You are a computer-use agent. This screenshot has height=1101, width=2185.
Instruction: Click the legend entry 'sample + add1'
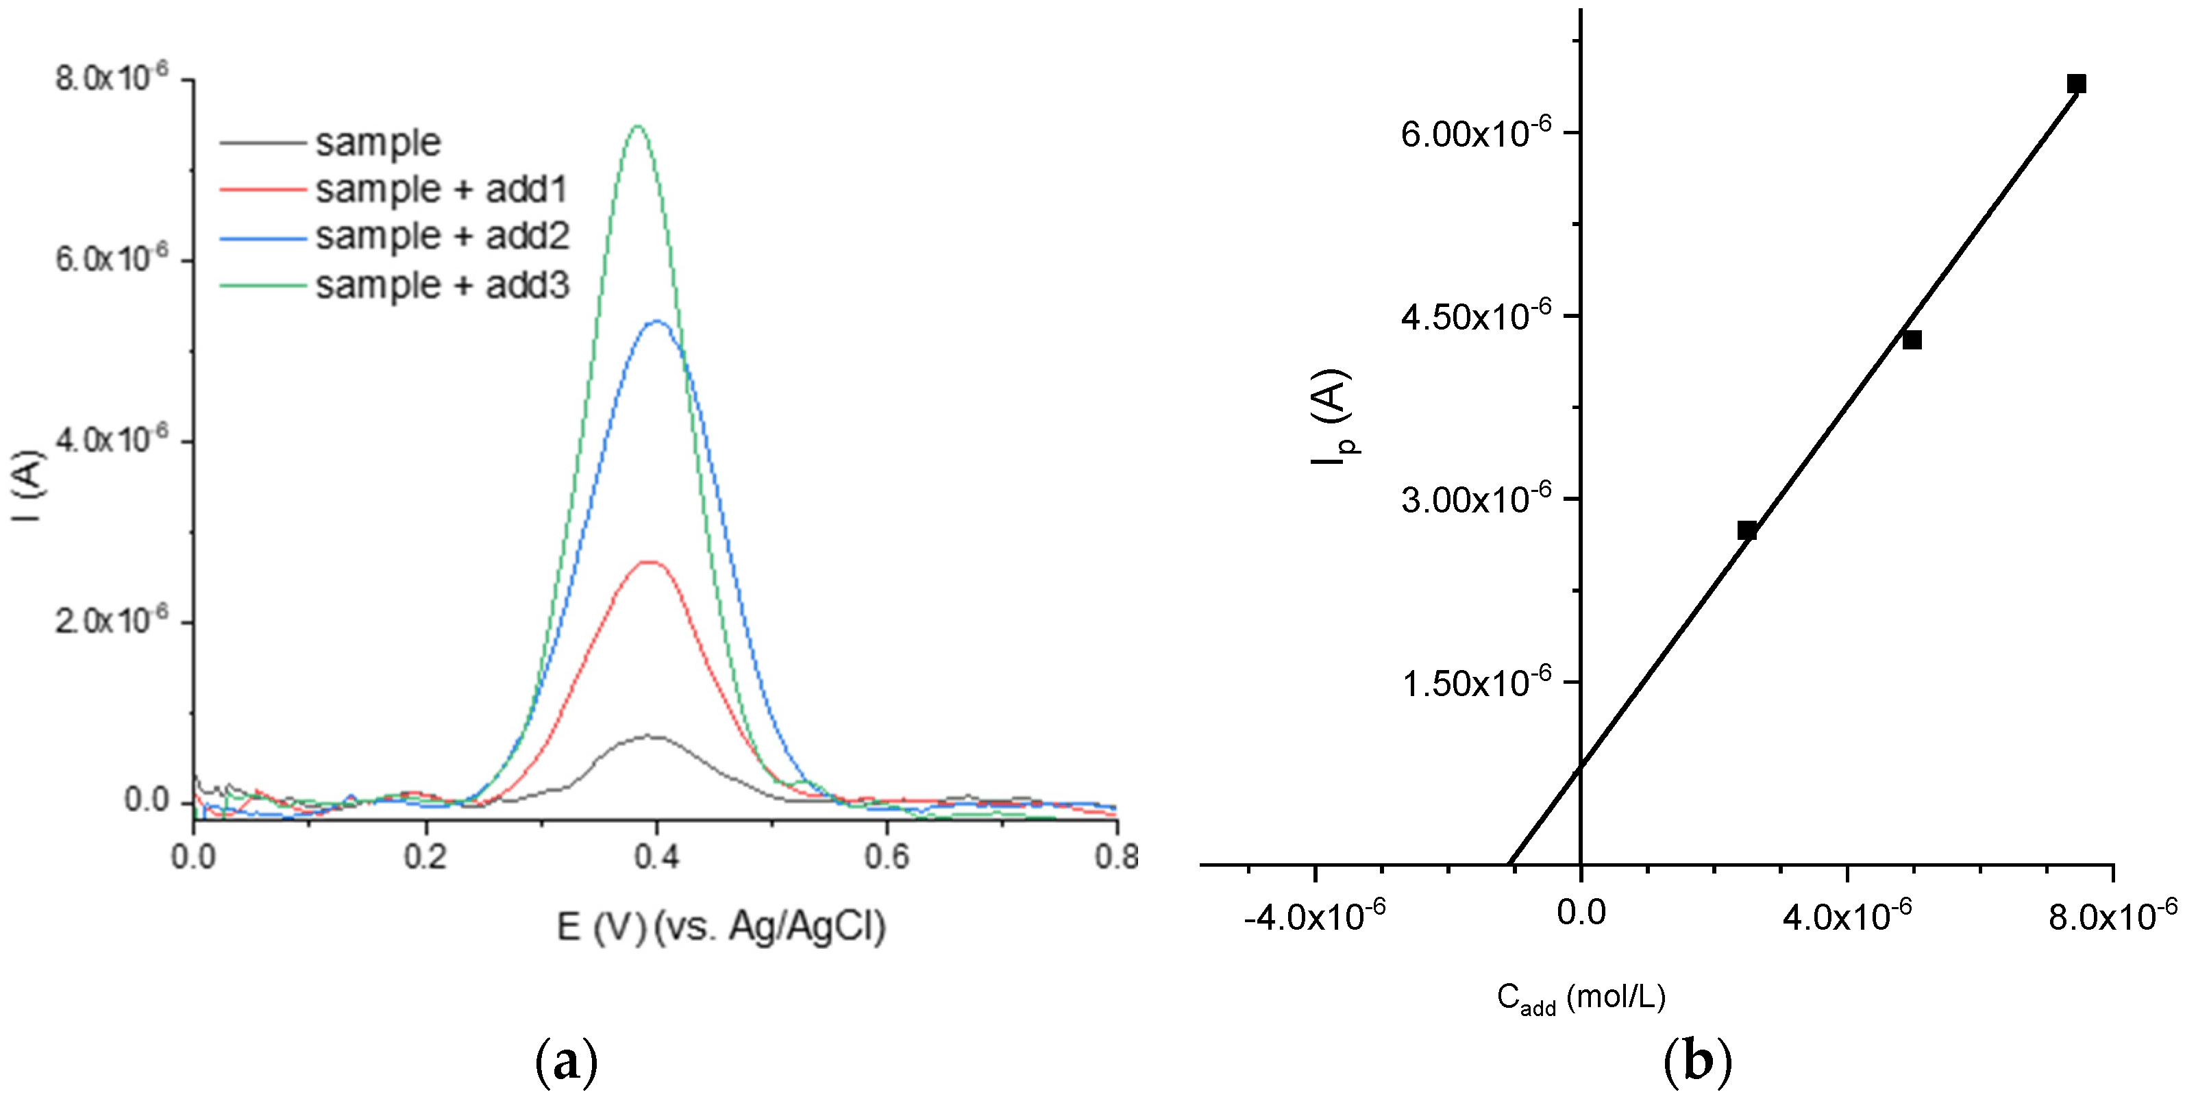coord(441,188)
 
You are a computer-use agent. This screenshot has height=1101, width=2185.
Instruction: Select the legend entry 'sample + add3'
coord(442,285)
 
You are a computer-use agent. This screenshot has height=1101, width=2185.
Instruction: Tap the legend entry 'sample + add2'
coord(442,236)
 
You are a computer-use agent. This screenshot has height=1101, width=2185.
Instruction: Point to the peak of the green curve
coord(638,126)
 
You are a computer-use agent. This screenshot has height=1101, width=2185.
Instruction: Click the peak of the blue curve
coord(656,321)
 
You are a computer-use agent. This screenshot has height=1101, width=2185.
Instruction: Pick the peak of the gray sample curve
coord(650,737)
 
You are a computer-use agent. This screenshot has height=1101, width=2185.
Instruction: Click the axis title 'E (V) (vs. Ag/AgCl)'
coord(721,926)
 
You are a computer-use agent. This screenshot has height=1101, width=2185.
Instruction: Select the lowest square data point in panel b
coord(1746,531)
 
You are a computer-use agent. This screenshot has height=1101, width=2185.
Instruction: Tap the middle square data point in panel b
coord(1912,340)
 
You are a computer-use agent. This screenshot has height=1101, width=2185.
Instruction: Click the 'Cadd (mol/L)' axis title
coord(1581,998)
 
